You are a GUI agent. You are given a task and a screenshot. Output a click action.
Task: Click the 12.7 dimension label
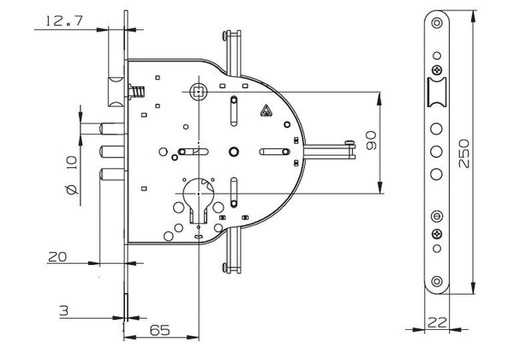[x=63, y=21]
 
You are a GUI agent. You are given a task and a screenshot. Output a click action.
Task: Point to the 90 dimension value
[x=371, y=141]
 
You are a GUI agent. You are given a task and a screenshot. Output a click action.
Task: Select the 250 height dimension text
[x=463, y=153]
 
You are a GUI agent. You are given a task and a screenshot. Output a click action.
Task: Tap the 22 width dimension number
[x=437, y=322]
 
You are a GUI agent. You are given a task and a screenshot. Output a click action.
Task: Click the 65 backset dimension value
[x=159, y=330]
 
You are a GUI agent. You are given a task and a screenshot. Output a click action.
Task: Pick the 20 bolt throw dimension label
[x=57, y=257]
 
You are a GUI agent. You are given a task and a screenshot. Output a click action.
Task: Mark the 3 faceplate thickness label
[x=64, y=310]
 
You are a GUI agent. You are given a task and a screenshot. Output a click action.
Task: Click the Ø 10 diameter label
[x=72, y=176]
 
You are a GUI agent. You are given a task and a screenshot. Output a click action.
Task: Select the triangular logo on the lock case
[x=266, y=111]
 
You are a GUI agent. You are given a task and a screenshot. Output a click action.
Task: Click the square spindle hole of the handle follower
[x=199, y=92]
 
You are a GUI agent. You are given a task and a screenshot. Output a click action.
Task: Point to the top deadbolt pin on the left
[x=111, y=129]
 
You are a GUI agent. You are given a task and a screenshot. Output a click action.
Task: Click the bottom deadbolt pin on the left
[x=111, y=174]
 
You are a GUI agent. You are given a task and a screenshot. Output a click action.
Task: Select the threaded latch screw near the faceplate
[x=137, y=92]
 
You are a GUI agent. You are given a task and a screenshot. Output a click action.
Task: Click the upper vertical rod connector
[x=232, y=53]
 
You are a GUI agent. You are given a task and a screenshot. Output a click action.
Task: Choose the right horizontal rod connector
[x=330, y=151]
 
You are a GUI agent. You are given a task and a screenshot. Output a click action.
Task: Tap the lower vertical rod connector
[x=232, y=251]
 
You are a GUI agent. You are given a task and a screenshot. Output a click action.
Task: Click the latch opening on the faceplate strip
[x=437, y=92]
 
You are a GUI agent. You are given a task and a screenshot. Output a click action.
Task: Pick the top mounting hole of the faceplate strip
[x=437, y=23]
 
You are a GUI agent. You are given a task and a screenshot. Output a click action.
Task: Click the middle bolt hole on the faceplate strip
[x=436, y=152]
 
